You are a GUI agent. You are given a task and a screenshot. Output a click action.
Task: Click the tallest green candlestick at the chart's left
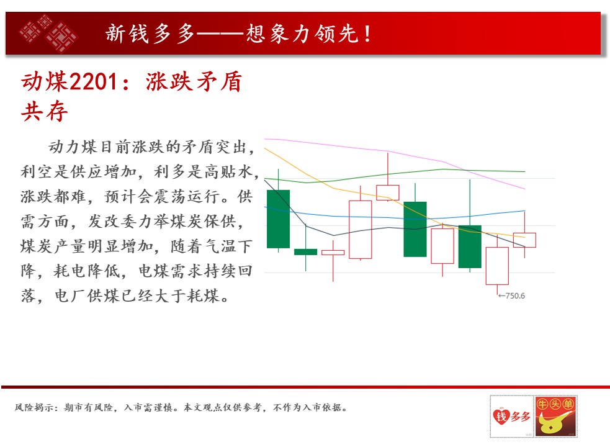click(278, 219)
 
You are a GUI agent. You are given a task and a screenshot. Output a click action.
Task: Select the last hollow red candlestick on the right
click(524, 240)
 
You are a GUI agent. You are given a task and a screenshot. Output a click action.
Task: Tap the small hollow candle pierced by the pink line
click(387, 192)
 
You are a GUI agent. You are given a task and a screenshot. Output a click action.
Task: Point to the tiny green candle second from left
click(305, 251)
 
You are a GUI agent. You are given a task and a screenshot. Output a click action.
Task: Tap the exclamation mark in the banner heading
click(367, 34)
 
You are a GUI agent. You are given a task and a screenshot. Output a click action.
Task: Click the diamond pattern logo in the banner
click(48, 33)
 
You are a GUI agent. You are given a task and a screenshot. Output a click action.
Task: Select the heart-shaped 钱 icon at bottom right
click(501, 416)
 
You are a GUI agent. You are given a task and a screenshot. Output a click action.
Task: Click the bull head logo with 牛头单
click(555, 416)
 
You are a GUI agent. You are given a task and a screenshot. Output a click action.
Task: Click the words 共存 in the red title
click(44, 112)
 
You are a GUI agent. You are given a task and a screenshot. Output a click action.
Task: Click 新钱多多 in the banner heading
click(150, 34)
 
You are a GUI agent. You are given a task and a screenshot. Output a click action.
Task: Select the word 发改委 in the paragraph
click(112, 222)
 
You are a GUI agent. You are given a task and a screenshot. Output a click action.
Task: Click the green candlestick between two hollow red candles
click(415, 229)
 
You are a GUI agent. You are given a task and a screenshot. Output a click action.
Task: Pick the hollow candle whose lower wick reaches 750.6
click(497, 266)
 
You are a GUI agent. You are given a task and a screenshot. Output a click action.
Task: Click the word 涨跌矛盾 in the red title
click(194, 82)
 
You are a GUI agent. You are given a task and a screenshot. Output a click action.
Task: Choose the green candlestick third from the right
click(470, 246)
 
